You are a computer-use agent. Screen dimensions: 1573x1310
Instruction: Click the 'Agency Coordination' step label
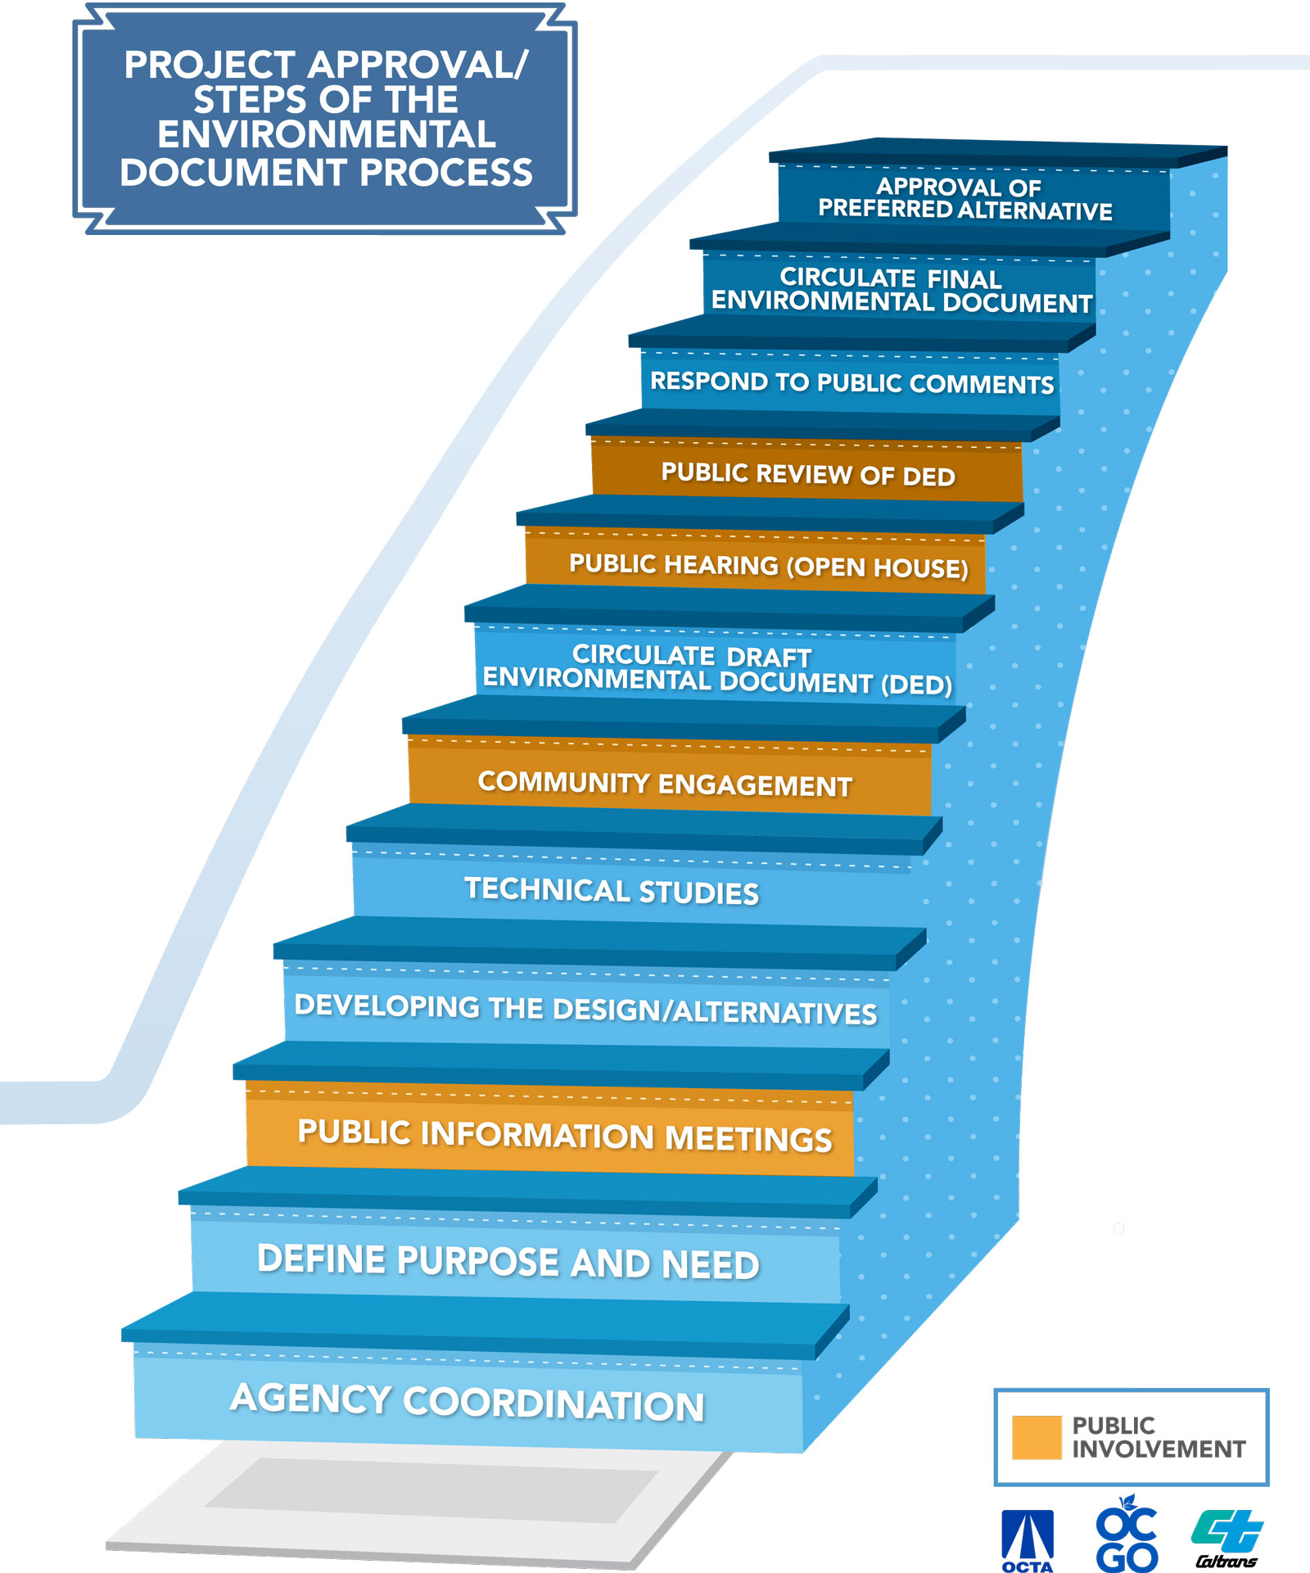pyautogui.click(x=467, y=1402)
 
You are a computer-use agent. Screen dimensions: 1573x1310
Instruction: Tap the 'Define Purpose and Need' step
pyautogui.click(x=508, y=1262)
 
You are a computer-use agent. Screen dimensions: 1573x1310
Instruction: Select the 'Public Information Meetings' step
pyautogui.click(x=564, y=1136)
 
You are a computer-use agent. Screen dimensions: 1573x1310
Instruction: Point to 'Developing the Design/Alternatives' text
pyautogui.click(x=585, y=1010)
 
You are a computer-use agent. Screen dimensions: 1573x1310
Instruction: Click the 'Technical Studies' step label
pyautogui.click(x=611, y=891)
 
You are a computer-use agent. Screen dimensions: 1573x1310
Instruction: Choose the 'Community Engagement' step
pyautogui.click(x=664, y=784)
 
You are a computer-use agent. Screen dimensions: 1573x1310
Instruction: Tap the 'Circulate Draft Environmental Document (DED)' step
pyautogui.click(x=716, y=669)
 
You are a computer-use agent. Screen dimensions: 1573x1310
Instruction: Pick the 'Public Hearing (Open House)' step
pyautogui.click(x=768, y=565)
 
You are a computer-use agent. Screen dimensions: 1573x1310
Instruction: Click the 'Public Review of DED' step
pyautogui.click(x=807, y=474)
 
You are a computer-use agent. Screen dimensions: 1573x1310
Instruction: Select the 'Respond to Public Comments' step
pyautogui.click(x=851, y=382)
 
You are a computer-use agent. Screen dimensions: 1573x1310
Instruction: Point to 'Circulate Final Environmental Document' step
pyautogui.click(x=901, y=290)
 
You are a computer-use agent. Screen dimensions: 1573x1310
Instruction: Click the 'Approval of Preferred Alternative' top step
pyautogui.click(x=964, y=199)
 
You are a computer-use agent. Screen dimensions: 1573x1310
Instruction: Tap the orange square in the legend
pyautogui.click(x=1036, y=1437)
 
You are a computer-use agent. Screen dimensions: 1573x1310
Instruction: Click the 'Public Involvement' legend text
pyautogui.click(x=1158, y=1437)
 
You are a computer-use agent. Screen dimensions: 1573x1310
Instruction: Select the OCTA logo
pyautogui.click(x=1028, y=1540)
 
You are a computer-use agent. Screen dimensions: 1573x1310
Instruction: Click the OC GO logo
pyautogui.click(x=1127, y=1533)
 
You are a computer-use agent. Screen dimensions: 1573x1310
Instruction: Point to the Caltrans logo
pyautogui.click(x=1226, y=1539)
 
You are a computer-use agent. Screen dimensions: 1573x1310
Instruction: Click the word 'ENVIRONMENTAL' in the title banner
pyautogui.click(x=326, y=134)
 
